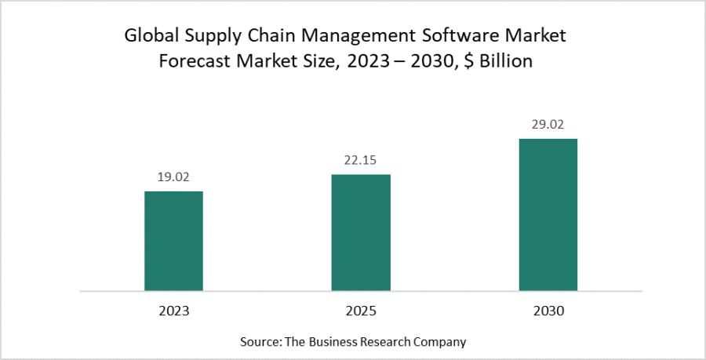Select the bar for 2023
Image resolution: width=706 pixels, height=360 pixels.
pyautogui.click(x=173, y=241)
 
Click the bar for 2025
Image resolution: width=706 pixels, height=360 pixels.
pyautogui.click(x=361, y=232)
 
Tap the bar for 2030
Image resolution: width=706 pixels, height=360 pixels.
pyautogui.click(x=548, y=215)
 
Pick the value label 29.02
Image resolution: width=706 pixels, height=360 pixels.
pyautogui.click(x=548, y=124)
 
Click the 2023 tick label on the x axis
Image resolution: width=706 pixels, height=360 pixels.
pyautogui.click(x=173, y=311)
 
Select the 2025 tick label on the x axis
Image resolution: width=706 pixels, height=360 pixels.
pyautogui.click(x=361, y=311)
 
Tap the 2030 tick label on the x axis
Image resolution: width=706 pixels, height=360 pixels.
pyautogui.click(x=548, y=311)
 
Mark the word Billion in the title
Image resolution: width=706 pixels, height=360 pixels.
pyautogui.click(x=508, y=62)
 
